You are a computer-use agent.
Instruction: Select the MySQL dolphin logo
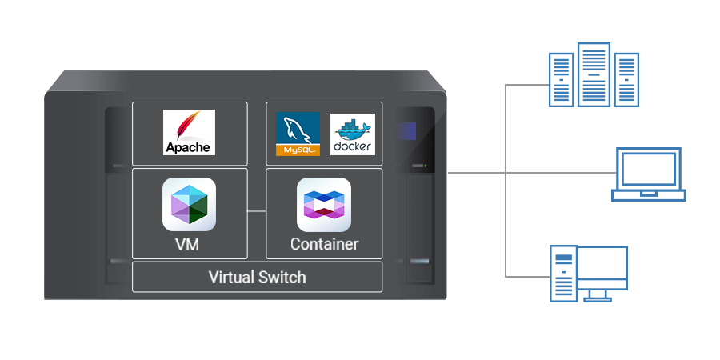click(x=298, y=129)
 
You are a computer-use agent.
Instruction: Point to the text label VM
click(x=189, y=244)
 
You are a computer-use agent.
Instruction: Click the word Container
click(x=324, y=244)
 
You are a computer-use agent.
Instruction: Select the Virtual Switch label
click(x=257, y=278)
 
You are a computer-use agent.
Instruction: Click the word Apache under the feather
click(x=189, y=147)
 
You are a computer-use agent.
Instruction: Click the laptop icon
click(x=648, y=173)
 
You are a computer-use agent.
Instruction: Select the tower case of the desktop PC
click(x=563, y=274)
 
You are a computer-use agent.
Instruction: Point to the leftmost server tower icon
click(x=562, y=79)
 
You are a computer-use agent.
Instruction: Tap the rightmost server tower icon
click(x=626, y=79)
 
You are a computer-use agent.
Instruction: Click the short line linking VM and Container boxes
click(x=256, y=210)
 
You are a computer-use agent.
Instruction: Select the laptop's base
click(x=648, y=194)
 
